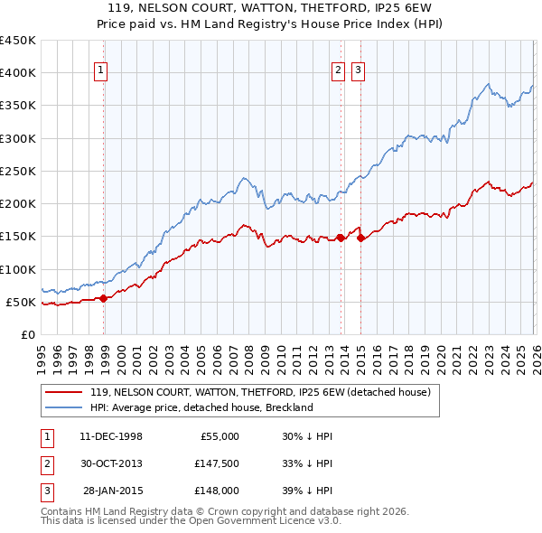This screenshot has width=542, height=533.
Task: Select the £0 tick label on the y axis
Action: click(x=27, y=334)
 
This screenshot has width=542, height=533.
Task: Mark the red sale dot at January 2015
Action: click(x=360, y=238)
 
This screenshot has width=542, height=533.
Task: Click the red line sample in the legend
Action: click(x=64, y=392)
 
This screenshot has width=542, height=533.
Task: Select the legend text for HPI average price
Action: click(x=201, y=407)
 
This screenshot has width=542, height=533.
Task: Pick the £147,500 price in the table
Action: click(x=216, y=463)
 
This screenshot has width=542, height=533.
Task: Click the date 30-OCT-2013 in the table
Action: click(x=109, y=463)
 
